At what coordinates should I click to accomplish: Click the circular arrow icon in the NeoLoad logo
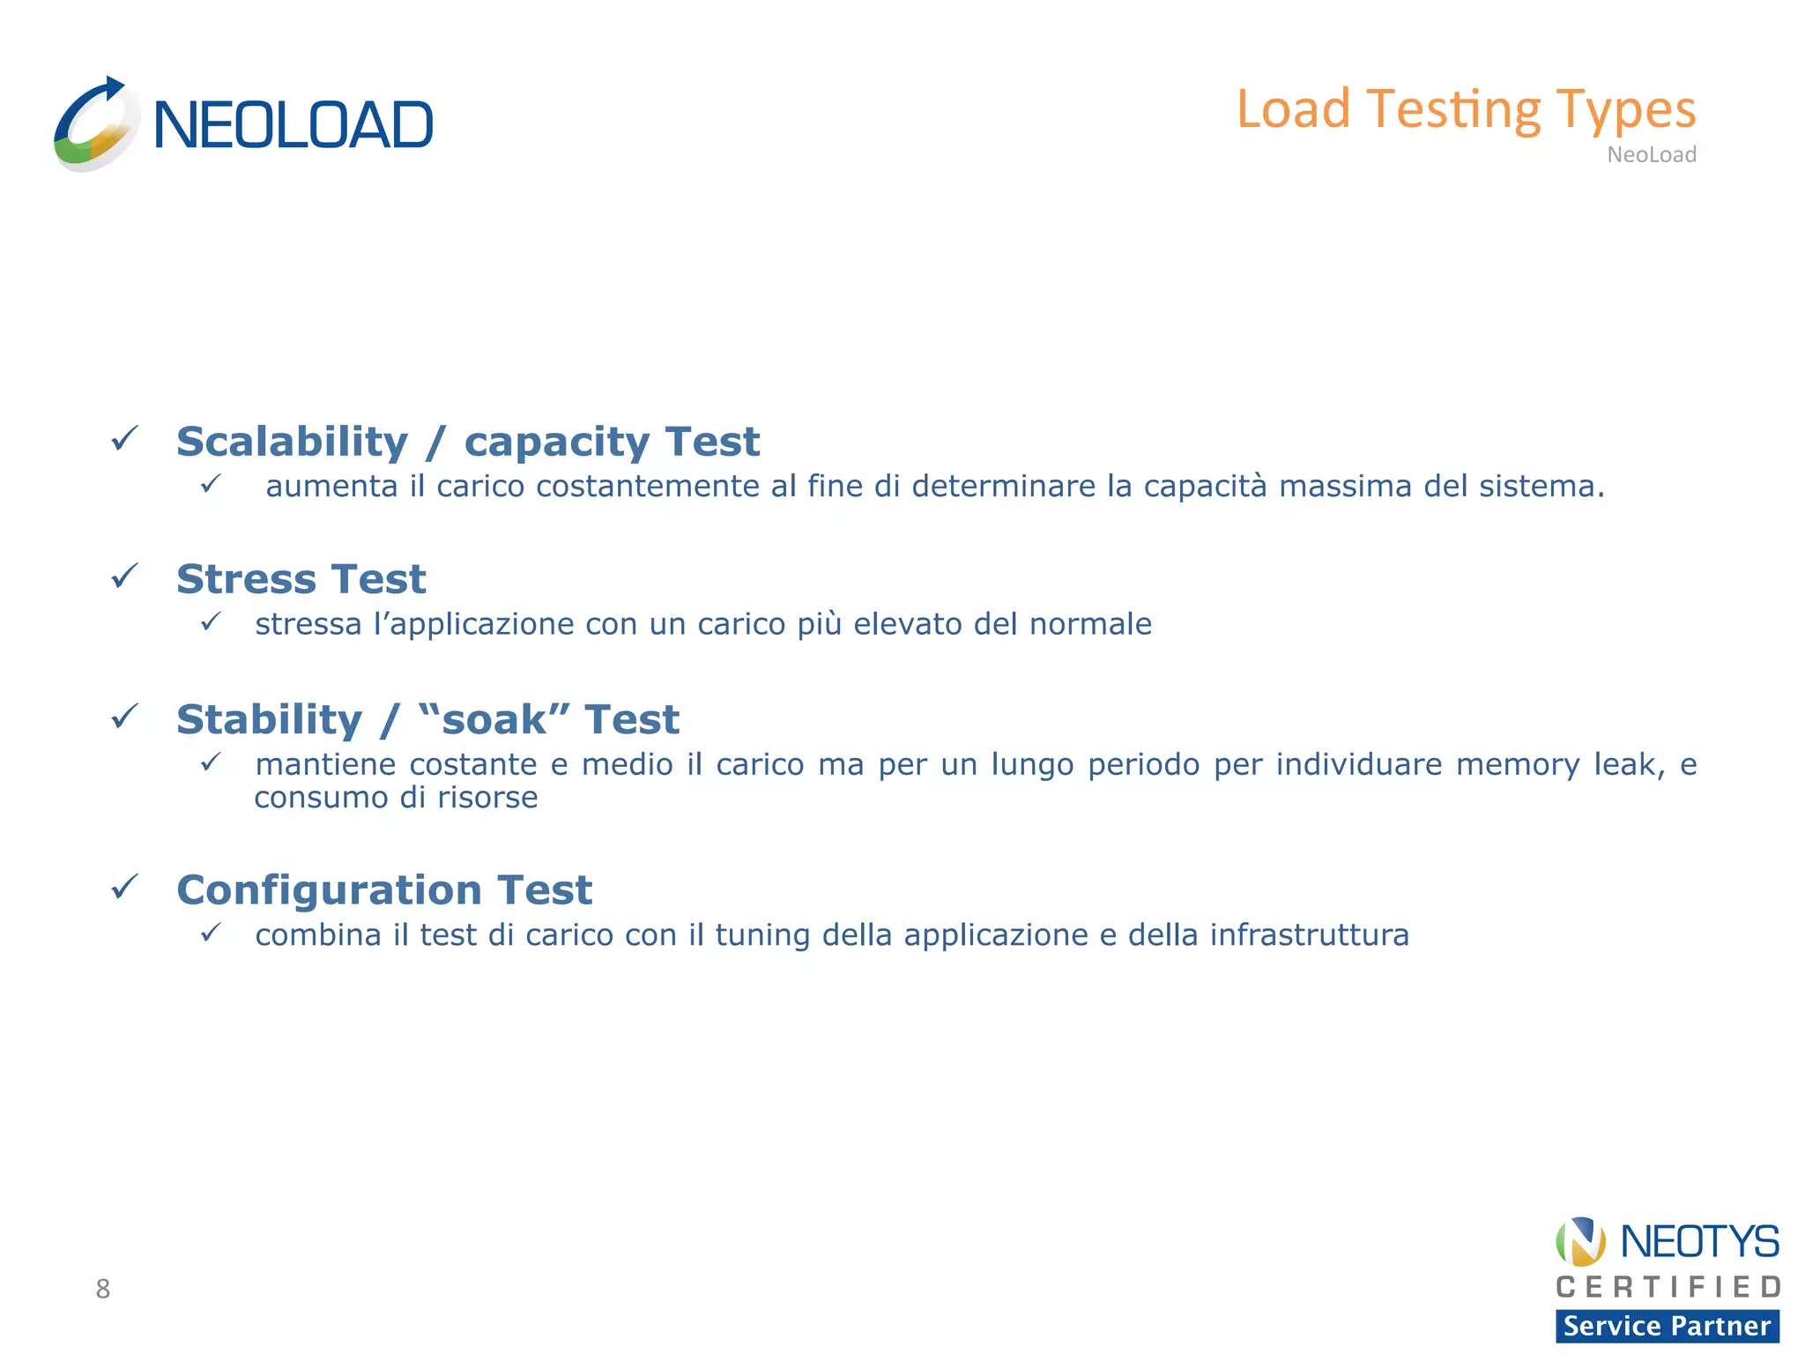[95, 124]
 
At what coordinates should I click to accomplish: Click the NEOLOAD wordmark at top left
[293, 125]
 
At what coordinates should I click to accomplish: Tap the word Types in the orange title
[1625, 110]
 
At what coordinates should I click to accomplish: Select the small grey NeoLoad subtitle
[1651, 155]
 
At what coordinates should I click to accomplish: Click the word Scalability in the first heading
[292, 442]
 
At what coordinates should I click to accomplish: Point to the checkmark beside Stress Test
[124, 577]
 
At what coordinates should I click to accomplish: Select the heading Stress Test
[301, 579]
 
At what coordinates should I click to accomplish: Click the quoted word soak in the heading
[494, 719]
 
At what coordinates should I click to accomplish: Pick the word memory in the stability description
[1517, 764]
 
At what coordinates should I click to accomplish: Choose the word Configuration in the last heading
[329, 889]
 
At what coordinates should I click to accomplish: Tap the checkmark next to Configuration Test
[124, 887]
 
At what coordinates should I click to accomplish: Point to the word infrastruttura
[1309, 934]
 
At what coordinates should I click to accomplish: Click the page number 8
[103, 1289]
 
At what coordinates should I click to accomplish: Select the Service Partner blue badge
[1667, 1326]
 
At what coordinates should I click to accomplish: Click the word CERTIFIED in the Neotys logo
[1668, 1287]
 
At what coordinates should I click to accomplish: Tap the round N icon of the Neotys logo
[1580, 1241]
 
